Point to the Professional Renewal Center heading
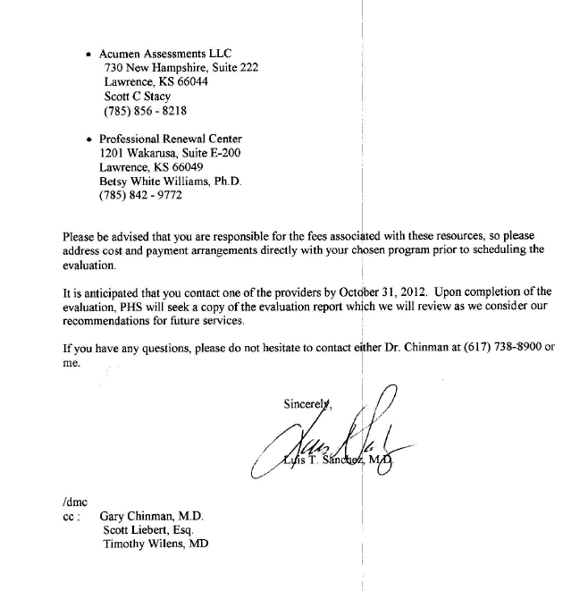171,139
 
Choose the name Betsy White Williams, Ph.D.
167,182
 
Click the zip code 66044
189,82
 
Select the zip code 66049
187,167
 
